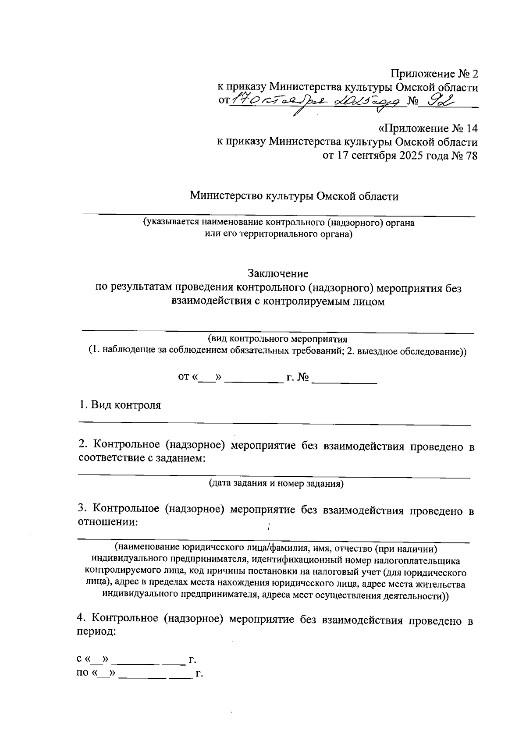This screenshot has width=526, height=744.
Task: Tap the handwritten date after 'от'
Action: (x=316, y=102)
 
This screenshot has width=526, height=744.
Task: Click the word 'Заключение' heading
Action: (x=278, y=274)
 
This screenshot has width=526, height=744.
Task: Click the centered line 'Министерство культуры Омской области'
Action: (x=294, y=196)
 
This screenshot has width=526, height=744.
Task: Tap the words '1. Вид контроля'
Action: (x=120, y=405)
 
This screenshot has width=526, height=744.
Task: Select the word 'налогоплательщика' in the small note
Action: (x=413, y=560)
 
